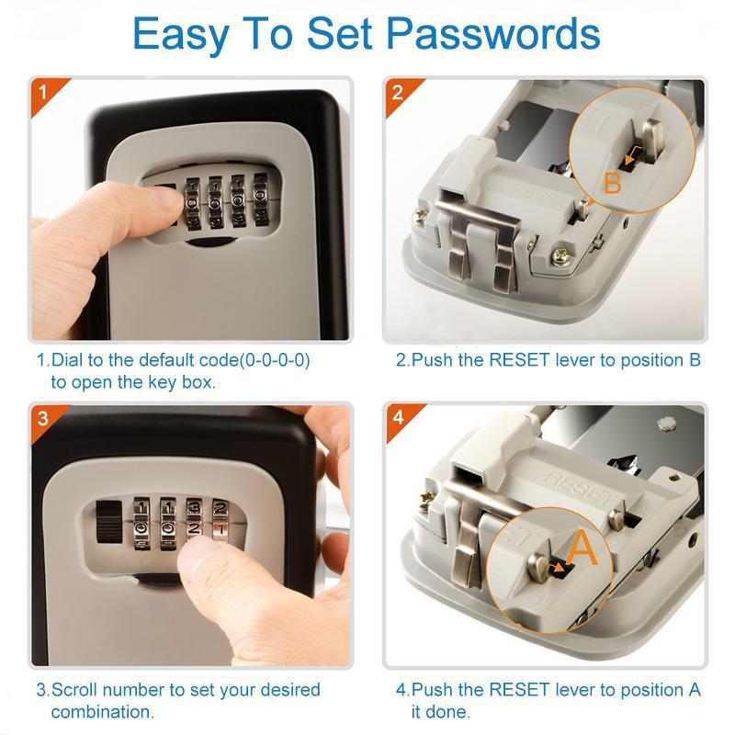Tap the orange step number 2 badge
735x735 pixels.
pyautogui.click(x=397, y=92)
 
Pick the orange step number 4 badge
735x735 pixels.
pyautogui.click(x=397, y=417)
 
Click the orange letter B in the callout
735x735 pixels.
pyautogui.click(x=613, y=184)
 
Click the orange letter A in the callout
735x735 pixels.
pyautogui.click(x=582, y=548)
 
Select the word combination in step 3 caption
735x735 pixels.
pyautogui.click(x=102, y=711)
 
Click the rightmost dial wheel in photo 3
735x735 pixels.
pyautogui.click(x=220, y=518)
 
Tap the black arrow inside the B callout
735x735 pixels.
pyautogui.click(x=630, y=159)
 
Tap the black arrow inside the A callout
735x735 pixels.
pyautogui.click(x=559, y=569)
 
